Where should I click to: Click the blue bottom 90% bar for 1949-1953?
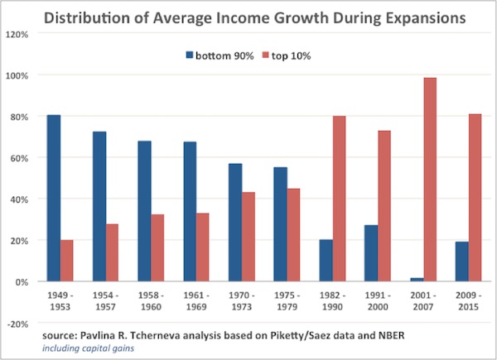[54, 198]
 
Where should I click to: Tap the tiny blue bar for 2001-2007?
[415, 279]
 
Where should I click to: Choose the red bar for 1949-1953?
[67, 260]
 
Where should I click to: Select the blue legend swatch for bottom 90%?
[189, 55]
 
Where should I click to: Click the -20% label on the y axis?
[17, 324]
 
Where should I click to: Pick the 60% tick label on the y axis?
[19, 158]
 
